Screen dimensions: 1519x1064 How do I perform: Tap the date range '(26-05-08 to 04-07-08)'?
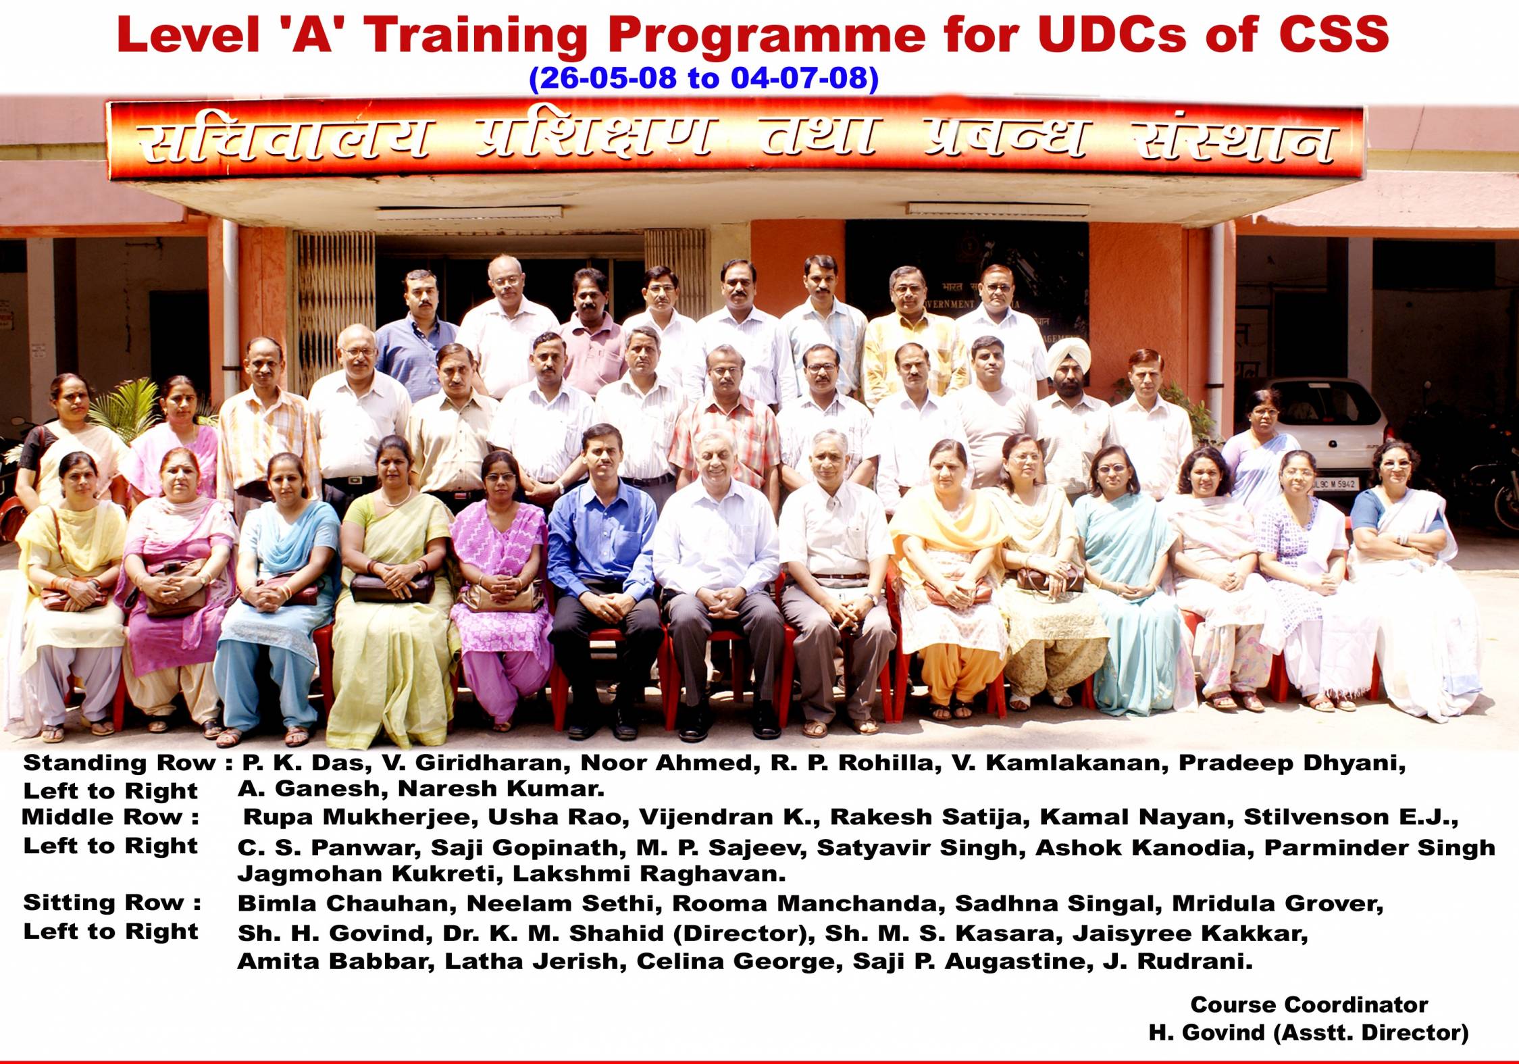(704, 78)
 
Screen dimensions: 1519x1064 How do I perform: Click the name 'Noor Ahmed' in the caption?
(667, 763)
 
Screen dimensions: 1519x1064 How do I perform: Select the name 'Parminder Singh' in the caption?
(1379, 848)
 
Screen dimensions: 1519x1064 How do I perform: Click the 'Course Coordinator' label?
(1309, 1005)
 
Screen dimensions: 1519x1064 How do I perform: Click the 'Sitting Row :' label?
(112, 903)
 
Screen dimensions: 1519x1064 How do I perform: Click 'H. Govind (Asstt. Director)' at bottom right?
(1309, 1033)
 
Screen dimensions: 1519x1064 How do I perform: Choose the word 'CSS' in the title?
(1324, 34)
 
